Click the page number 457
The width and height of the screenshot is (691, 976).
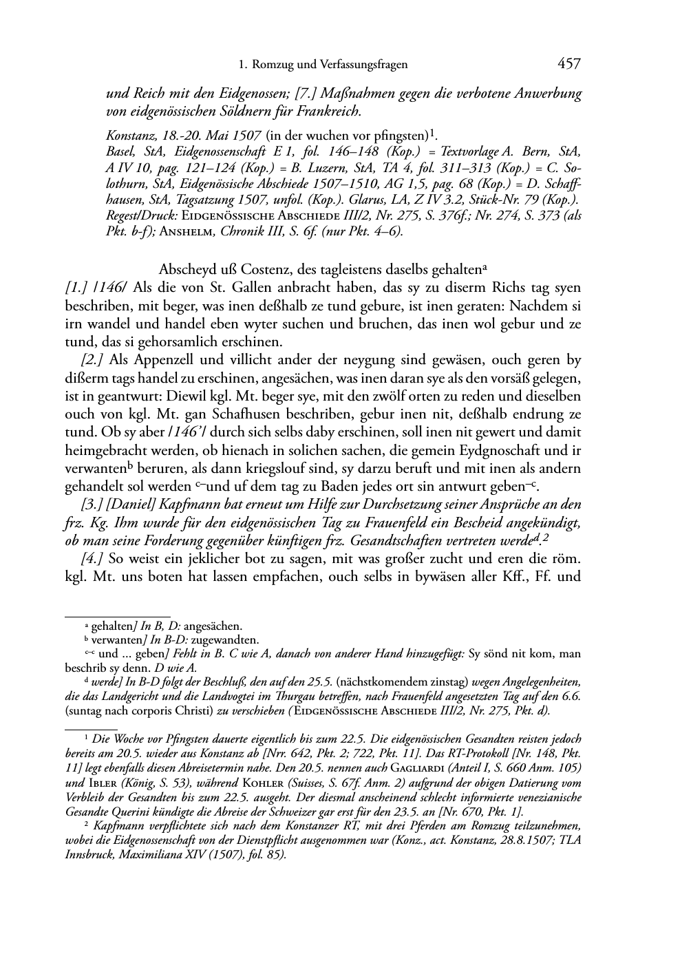tap(569, 64)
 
